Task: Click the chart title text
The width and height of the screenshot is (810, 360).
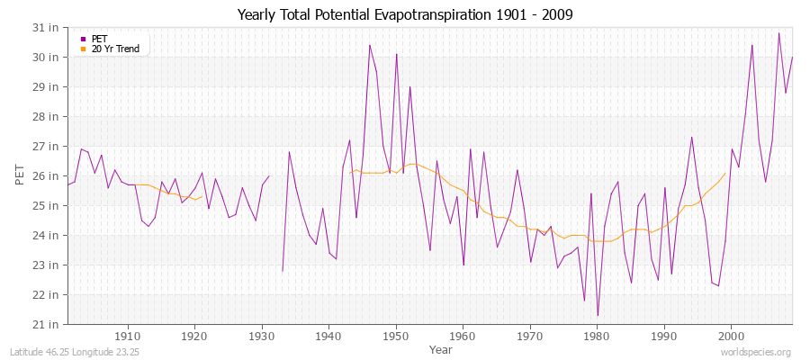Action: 404,14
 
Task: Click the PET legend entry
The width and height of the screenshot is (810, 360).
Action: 99,38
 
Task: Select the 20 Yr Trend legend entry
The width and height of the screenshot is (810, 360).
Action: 115,49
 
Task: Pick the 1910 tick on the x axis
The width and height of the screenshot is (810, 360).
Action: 128,336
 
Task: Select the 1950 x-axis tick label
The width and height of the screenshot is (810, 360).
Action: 396,336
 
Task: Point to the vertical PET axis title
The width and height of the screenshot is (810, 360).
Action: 20,175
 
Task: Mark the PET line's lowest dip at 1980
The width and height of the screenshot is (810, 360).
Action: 598,316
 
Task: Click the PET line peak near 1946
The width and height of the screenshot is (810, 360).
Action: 369,45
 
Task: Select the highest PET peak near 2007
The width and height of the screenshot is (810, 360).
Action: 778,33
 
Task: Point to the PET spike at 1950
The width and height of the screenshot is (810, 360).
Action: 396,54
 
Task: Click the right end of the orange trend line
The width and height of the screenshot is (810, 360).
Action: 724,173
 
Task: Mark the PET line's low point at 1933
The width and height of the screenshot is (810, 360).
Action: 283,271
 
